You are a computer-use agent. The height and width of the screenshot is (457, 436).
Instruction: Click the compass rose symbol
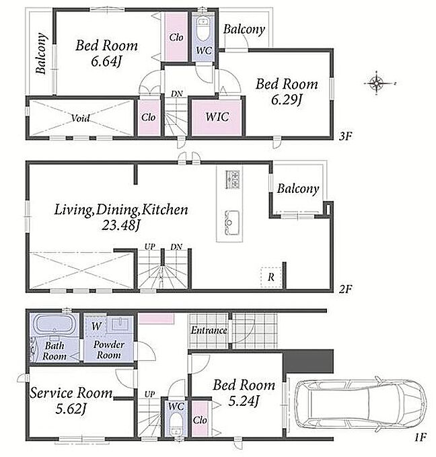pos(377,83)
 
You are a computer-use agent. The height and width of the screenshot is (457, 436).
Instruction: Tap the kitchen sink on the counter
pos(231,222)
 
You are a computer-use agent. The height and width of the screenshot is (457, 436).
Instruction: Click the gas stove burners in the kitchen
pos(233,178)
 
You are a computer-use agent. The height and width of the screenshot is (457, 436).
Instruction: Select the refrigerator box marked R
pos(271,277)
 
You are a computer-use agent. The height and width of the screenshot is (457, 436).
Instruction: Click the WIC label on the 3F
pos(217,117)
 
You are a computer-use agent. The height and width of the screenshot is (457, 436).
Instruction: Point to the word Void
pos(81,118)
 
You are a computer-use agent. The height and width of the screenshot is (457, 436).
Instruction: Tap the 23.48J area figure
pos(121,225)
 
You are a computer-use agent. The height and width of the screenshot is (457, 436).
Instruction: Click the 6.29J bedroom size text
pos(287,100)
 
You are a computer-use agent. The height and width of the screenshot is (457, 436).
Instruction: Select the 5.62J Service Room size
pos(71,409)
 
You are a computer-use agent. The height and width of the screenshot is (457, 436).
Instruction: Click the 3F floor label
pos(346,136)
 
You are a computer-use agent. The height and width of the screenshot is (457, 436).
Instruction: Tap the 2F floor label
pos(346,289)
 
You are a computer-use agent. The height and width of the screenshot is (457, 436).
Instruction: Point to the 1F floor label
pos(421,438)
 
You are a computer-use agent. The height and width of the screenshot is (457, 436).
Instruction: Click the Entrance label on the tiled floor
pos(209,330)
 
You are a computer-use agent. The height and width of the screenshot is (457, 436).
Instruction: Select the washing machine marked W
pos(96,326)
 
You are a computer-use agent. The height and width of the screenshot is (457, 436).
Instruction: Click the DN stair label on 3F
pos(176,93)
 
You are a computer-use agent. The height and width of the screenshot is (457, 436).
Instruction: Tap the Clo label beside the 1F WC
pos(200,420)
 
